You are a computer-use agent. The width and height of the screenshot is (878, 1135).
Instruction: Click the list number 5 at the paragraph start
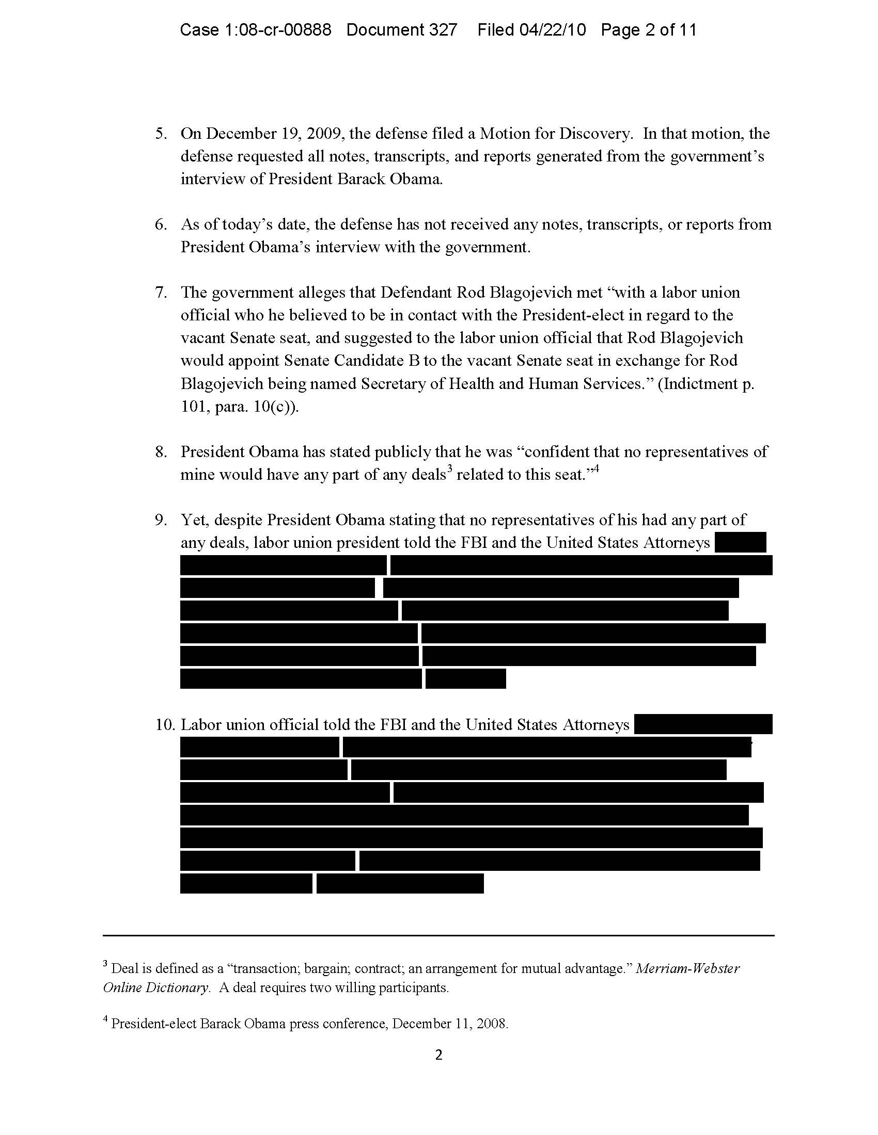[x=161, y=134]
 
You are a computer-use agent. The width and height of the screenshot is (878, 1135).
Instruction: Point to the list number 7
[x=161, y=293]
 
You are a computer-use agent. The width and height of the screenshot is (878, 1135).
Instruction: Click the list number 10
[x=165, y=724]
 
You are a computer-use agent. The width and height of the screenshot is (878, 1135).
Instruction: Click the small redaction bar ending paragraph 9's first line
[x=740, y=543]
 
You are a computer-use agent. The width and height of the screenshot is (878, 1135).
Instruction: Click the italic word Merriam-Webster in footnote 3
[x=687, y=969]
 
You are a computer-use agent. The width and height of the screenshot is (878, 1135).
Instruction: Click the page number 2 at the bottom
[x=438, y=1055]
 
